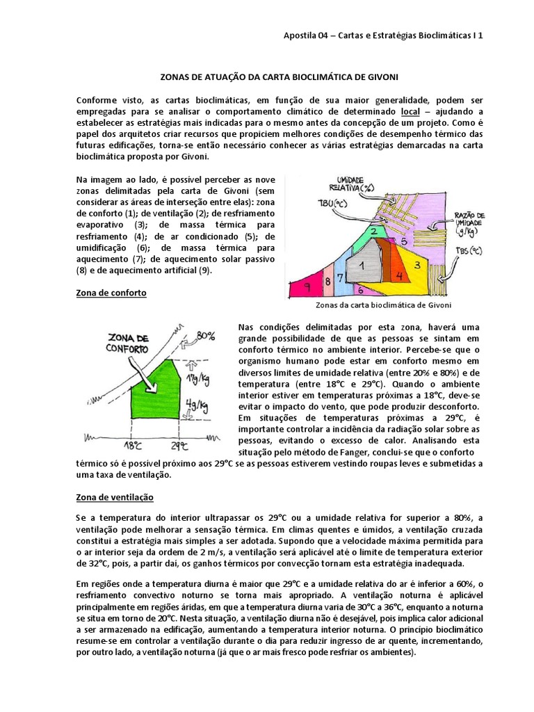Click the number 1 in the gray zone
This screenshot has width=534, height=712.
tap(362, 265)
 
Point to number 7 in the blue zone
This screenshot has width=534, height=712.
tap(341, 278)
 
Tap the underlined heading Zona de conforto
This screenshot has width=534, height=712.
tap(111, 293)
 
